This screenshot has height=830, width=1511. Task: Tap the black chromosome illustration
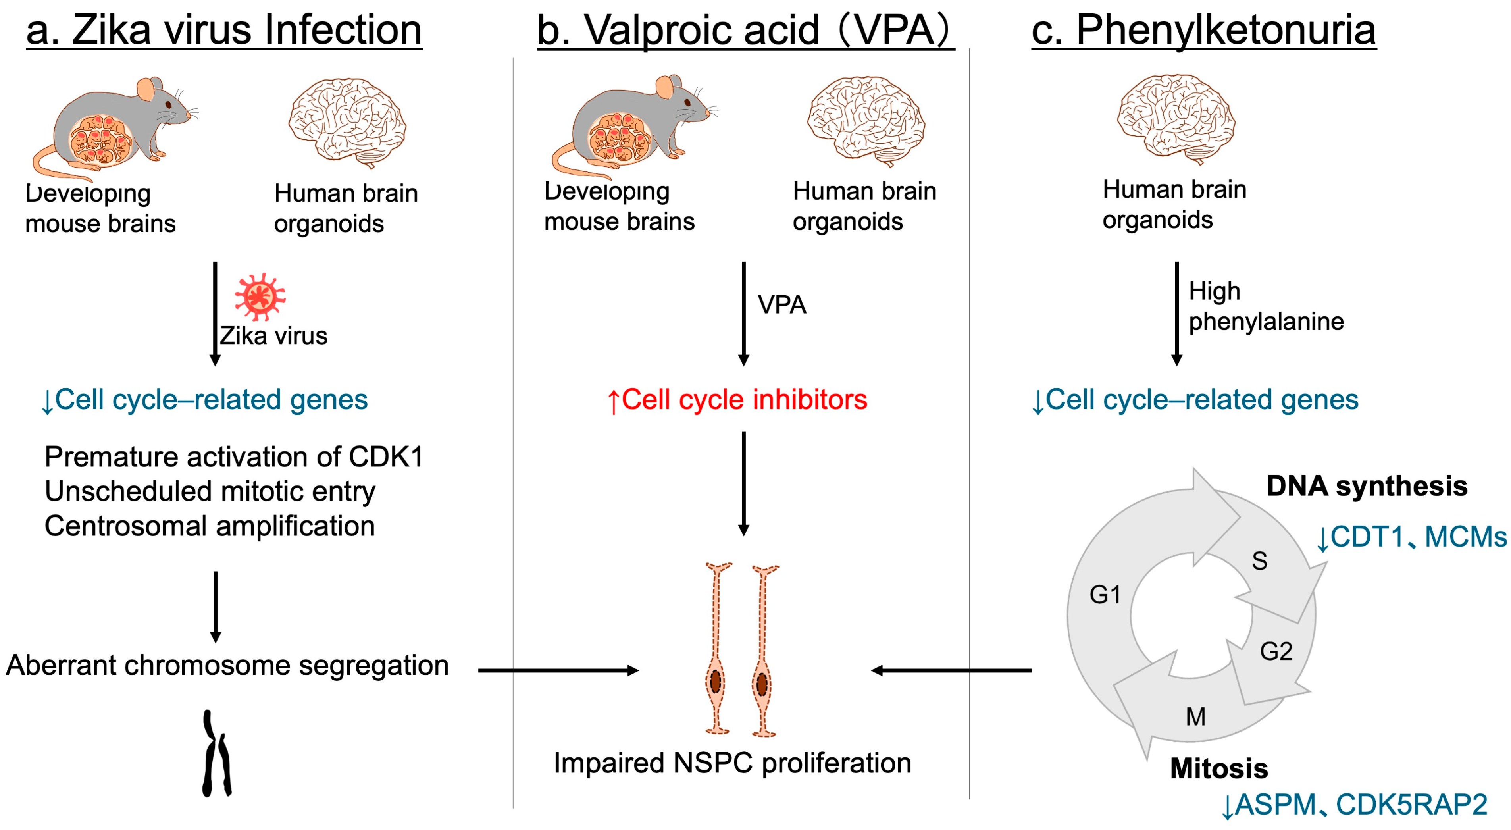[216, 754]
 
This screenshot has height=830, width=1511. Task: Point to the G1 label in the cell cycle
[1105, 595]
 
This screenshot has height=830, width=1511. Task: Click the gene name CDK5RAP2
[1411, 804]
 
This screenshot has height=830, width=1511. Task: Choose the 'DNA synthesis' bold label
[1367, 486]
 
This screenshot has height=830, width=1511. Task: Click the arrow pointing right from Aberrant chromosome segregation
[557, 670]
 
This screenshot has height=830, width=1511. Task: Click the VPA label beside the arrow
[782, 305]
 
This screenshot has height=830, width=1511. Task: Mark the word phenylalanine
[1266, 322]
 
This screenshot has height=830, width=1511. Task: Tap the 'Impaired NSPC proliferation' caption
[732, 763]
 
